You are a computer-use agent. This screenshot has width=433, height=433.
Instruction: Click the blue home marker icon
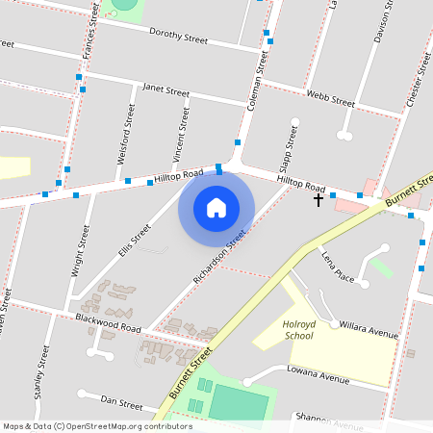[x=216, y=208]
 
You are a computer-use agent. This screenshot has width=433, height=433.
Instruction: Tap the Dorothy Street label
[x=179, y=37]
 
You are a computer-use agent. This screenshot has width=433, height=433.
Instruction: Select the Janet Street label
[x=166, y=90]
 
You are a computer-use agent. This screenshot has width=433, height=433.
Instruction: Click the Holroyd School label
[x=299, y=330]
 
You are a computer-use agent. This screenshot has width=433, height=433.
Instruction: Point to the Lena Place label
[x=339, y=267]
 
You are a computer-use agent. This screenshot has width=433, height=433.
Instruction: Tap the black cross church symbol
[x=318, y=199]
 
